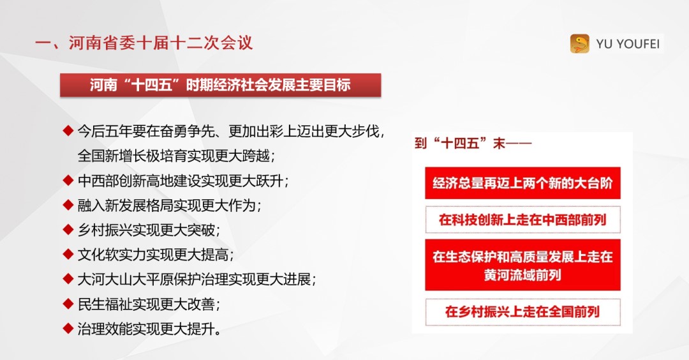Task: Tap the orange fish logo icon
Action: click(579, 43)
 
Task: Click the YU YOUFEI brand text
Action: click(628, 44)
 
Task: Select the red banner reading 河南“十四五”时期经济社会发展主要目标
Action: click(221, 85)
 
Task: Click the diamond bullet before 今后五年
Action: click(68, 131)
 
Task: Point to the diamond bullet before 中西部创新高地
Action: click(68, 180)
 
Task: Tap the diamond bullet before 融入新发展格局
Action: click(68, 205)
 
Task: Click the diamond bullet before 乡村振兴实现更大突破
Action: click(68, 229)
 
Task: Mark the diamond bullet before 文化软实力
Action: click(68, 254)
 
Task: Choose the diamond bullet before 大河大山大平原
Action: click(68, 279)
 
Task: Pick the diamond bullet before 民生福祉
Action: click(68, 303)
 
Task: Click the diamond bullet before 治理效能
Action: click(68, 328)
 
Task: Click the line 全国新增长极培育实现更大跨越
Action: click(176, 156)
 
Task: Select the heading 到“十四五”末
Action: click(473, 143)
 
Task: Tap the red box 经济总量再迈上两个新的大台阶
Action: click(522, 183)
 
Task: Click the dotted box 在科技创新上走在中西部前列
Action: click(522, 220)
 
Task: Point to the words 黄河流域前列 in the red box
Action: click(522, 275)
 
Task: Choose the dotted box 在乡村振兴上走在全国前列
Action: click(522, 312)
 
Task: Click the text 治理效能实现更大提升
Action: click(149, 329)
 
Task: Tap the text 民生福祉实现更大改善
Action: click(149, 304)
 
